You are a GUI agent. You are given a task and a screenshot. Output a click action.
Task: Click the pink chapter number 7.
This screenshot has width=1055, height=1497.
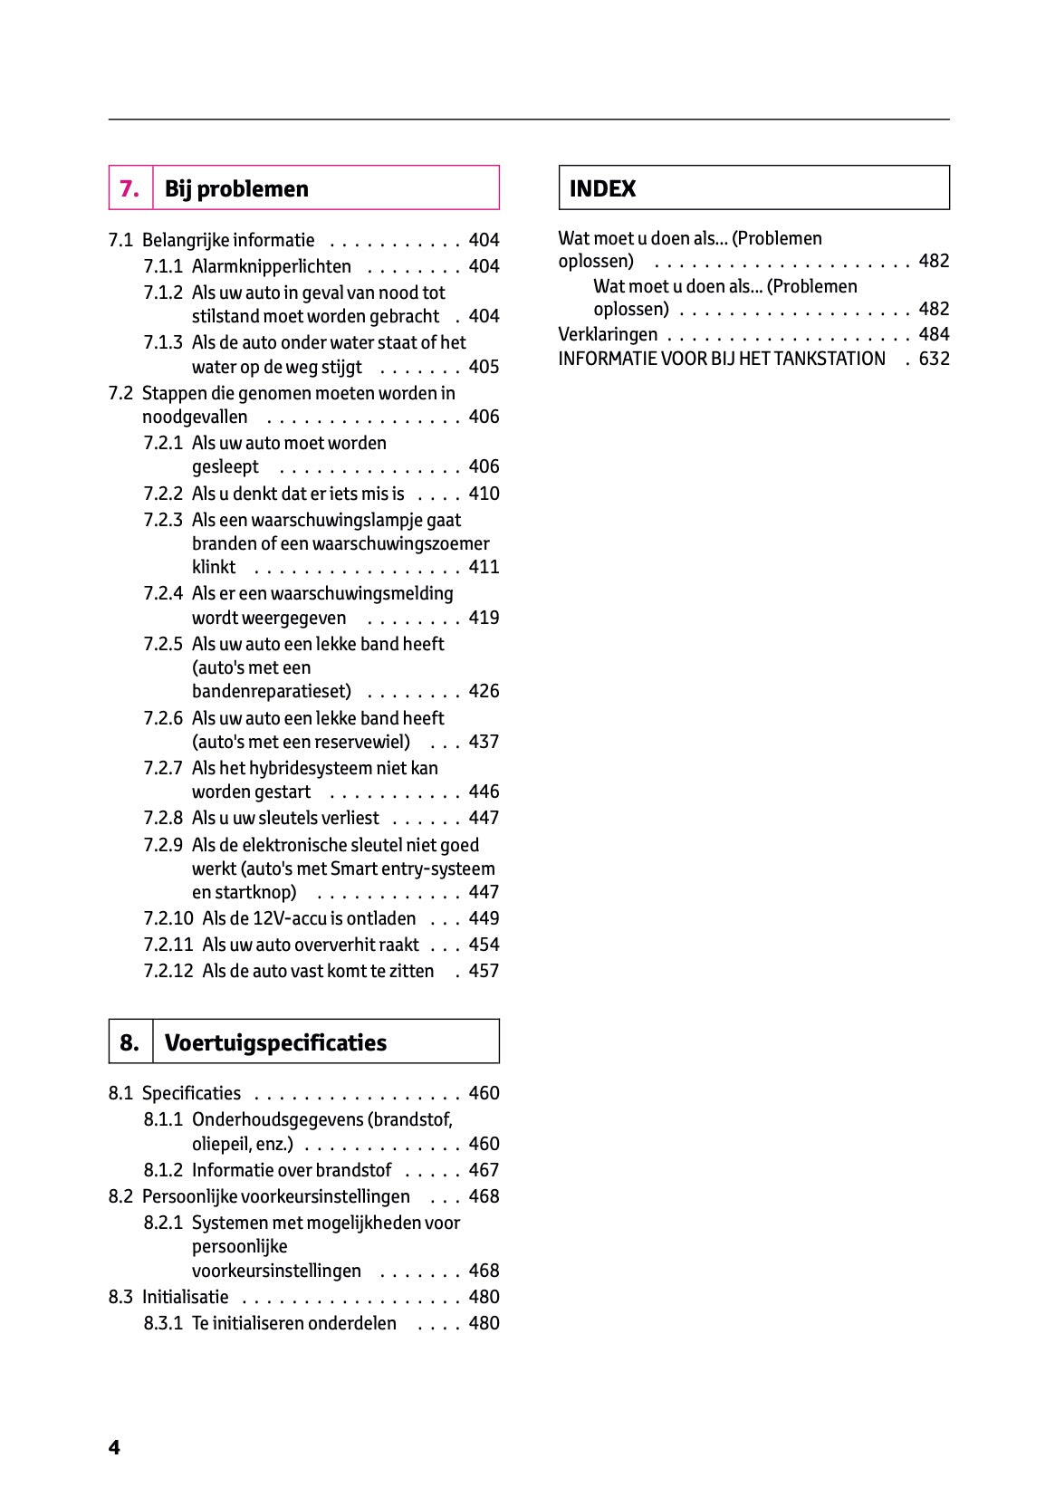[x=129, y=189]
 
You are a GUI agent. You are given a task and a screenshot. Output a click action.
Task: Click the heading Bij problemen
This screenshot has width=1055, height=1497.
[x=236, y=189]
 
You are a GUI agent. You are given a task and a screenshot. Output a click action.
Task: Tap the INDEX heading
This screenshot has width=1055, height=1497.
[x=602, y=189]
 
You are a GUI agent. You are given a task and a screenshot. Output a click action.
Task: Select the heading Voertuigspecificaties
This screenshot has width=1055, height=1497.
[x=275, y=1042]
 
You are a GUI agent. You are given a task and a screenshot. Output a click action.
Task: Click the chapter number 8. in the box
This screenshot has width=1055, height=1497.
[x=129, y=1042]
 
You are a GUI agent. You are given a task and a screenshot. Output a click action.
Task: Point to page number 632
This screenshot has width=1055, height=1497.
[x=934, y=359]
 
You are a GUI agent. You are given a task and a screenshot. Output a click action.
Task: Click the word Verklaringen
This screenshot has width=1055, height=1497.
[x=608, y=334]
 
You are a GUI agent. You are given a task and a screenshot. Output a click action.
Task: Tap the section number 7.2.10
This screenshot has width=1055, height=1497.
[x=168, y=918]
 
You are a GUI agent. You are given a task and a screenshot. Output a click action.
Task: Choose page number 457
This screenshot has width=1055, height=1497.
[x=484, y=971]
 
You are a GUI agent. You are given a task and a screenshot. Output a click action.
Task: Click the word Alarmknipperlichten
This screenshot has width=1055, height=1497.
[x=271, y=266]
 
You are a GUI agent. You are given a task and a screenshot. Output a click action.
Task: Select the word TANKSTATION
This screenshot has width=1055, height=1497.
[x=829, y=359]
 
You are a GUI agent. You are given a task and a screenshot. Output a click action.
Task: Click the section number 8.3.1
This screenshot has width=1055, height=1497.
[x=163, y=1323]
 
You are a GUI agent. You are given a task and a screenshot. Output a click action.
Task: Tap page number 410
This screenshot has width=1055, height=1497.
[x=484, y=494]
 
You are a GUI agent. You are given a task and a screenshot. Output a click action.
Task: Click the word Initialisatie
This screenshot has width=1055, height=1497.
[x=185, y=1297]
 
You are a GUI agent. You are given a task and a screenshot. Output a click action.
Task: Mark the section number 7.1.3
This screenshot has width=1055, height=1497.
[x=163, y=342]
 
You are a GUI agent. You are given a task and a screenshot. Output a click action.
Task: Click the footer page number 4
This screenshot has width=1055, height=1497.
[x=114, y=1447]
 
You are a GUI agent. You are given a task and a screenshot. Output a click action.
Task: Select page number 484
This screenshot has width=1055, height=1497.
[x=934, y=334]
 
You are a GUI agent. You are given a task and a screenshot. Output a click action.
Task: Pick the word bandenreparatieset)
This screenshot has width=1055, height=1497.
[x=271, y=691]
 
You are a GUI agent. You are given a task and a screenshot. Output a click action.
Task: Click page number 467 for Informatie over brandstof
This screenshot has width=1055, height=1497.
[x=484, y=1170]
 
